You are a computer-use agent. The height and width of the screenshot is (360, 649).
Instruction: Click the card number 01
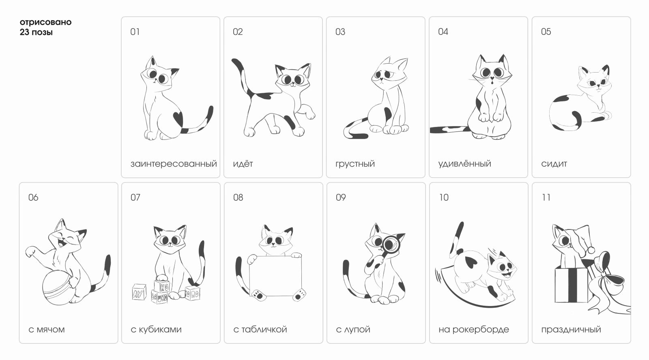click(x=135, y=32)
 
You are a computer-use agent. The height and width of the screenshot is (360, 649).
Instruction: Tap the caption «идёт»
click(x=243, y=164)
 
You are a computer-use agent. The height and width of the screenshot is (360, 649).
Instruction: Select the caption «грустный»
click(x=355, y=164)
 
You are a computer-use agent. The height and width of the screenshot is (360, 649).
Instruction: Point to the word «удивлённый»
click(x=464, y=164)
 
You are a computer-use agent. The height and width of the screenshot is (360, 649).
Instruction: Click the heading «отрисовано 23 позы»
click(x=45, y=27)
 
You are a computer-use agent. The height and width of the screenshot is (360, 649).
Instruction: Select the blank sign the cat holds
click(x=275, y=276)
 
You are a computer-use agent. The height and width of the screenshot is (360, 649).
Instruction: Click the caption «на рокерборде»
click(x=473, y=330)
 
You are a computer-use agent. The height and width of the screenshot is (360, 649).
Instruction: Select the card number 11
click(x=546, y=197)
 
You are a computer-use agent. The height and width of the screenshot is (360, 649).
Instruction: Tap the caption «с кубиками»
click(x=156, y=330)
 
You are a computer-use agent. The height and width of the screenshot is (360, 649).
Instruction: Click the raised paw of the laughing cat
click(x=31, y=251)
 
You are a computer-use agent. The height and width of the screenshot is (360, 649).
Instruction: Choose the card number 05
click(x=546, y=32)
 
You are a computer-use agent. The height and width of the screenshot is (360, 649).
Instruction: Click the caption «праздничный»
click(x=571, y=330)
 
